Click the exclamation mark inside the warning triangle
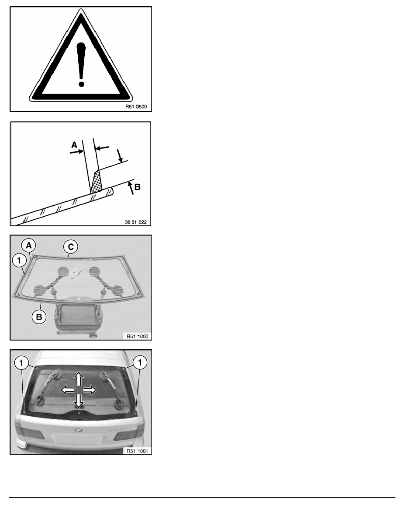point(81,65)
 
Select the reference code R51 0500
point(136,107)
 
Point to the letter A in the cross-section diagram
point(74,145)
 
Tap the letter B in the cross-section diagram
point(137,187)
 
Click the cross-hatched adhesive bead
point(96,182)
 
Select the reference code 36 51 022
point(136,222)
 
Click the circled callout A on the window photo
point(29,246)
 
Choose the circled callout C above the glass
point(71,247)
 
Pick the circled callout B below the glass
point(39,317)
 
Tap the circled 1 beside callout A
point(19,260)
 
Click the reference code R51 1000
point(137,336)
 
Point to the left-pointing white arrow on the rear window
point(68,390)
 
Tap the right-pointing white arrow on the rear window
point(90,390)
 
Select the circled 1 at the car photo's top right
point(140,362)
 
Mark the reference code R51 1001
point(137,451)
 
